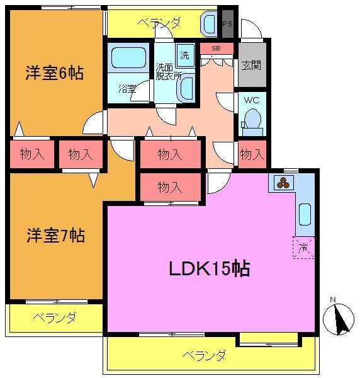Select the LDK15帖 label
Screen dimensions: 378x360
pyautogui.click(x=209, y=269)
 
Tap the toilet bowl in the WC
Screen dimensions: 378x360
pyautogui.click(x=252, y=118)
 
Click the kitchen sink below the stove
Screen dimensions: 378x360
pyautogui.click(x=305, y=214)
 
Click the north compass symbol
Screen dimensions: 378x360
pyautogui.click(x=339, y=318)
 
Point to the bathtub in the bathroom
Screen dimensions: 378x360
pyautogui.click(x=128, y=59)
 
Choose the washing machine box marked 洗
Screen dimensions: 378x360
pyautogui.click(x=184, y=55)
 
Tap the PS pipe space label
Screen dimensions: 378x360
pyautogui.click(x=228, y=24)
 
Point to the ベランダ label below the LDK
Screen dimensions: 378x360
pyautogui.click(x=205, y=355)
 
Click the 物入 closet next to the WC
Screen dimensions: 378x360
pyautogui.click(x=252, y=154)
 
